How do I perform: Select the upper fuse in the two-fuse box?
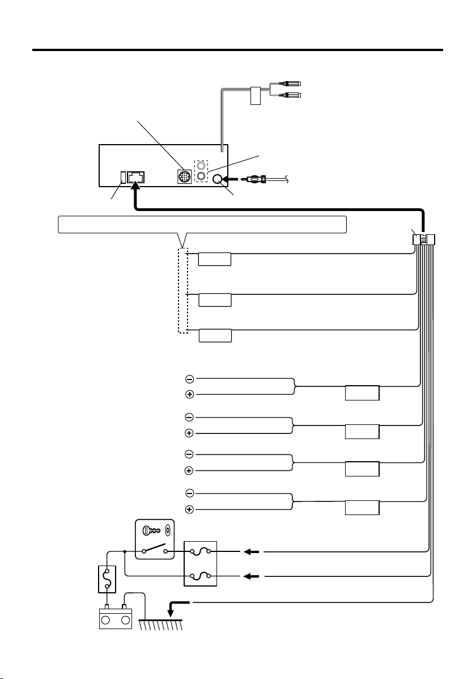tap(200, 551)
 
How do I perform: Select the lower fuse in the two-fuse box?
tap(200, 576)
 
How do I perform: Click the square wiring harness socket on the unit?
tap(136, 176)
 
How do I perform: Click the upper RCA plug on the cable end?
tap(291, 84)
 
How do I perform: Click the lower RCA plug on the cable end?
tap(291, 95)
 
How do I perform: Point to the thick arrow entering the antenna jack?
tap(232, 180)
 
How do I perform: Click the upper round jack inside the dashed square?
tap(201, 166)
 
